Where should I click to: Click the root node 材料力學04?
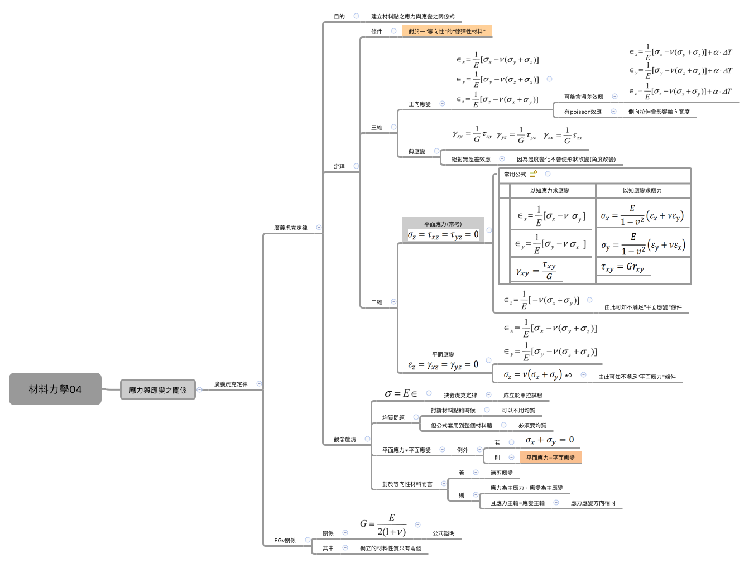tap(55, 389)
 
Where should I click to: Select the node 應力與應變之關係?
tap(157, 390)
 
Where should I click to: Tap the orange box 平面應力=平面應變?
tap(550, 458)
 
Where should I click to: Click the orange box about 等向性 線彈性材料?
tap(447, 31)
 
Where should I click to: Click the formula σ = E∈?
tap(401, 394)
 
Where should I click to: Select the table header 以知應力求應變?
tap(549, 191)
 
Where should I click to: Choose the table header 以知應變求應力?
tap(642, 191)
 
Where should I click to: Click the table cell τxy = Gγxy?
tap(622, 267)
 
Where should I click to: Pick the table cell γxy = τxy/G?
tap(536, 271)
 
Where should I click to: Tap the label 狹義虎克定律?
tap(460, 395)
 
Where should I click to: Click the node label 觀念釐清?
tap(344, 440)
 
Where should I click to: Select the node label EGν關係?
tap(285, 541)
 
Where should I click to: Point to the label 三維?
tap(377, 128)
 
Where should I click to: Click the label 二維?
tap(377, 302)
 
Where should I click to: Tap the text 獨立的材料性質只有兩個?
tap(391, 548)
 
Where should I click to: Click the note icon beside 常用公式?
tap(534, 174)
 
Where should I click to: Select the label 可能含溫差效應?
tap(583, 97)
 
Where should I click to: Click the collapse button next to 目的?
tap(356, 16)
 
